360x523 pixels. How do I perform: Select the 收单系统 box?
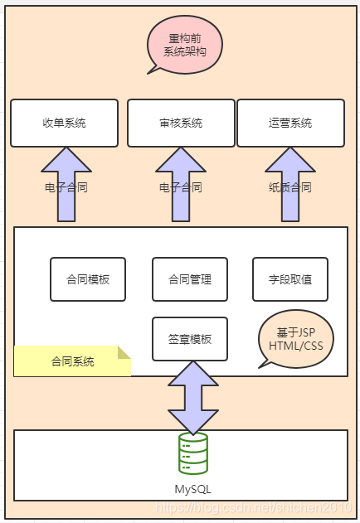pos(64,123)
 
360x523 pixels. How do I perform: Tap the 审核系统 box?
pos(180,123)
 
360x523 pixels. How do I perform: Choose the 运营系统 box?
pos(290,123)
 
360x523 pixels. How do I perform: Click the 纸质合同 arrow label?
pos(290,187)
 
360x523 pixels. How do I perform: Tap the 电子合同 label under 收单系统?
pos(66,187)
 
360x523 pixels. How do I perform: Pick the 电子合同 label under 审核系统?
pos(181,187)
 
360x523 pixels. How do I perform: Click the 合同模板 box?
pos(87,279)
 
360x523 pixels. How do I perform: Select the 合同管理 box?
pos(189,279)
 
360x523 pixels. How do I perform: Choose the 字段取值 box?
pos(289,279)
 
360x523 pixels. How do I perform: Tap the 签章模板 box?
pos(189,339)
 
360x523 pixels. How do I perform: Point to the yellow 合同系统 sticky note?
pos(72,361)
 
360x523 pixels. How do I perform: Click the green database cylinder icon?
pos(193,454)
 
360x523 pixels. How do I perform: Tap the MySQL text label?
pos(192,489)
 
